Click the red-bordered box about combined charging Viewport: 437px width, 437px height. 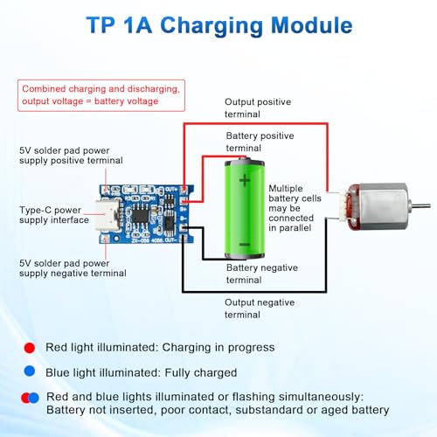tap(101, 94)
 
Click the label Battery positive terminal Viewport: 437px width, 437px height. tap(260, 142)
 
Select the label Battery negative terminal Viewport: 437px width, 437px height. tap(262, 274)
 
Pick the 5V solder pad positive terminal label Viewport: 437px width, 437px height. tap(71, 156)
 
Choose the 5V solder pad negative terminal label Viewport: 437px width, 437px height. tap(73, 267)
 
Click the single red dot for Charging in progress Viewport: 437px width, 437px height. tap(31, 347)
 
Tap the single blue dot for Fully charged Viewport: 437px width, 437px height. tap(31, 372)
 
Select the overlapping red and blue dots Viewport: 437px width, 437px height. tap(31, 398)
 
